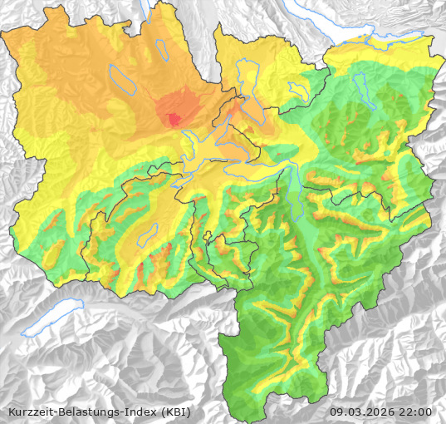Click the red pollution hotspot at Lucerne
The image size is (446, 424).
(x=174, y=119)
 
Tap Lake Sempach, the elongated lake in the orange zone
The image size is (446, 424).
(x=125, y=81)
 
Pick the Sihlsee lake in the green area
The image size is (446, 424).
(x=360, y=84)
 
